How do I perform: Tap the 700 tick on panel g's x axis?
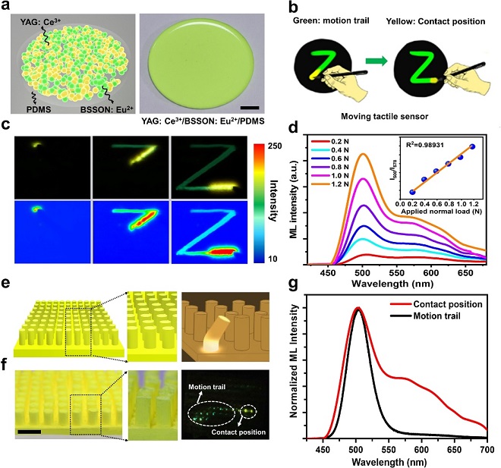(x=485, y=448)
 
